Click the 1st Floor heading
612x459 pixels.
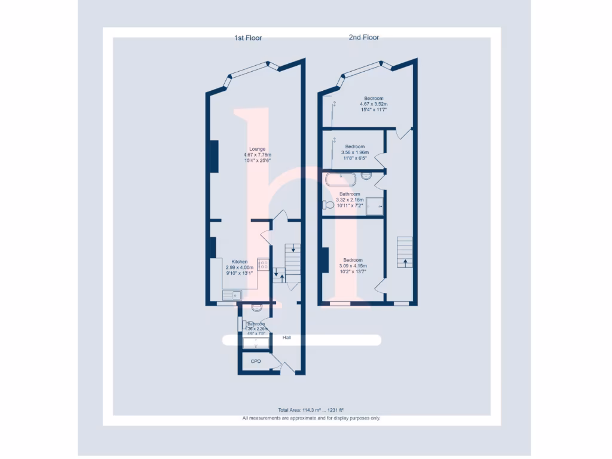(247, 38)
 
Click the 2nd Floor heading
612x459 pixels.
(364, 37)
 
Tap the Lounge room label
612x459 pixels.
(258, 149)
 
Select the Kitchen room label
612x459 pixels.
(240, 262)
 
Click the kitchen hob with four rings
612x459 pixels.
(263, 264)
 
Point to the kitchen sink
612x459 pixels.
(231, 294)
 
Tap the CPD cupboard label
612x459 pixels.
(256, 362)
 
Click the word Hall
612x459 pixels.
(289, 338)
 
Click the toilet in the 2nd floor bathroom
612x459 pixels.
(328, 205)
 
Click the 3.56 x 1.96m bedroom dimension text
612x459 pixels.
(354, 152)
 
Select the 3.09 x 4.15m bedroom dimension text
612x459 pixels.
(353, 266)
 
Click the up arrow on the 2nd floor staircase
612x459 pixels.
(405, 261)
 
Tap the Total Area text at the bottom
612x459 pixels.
(311, 411)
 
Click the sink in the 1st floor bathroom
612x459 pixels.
(256, 308)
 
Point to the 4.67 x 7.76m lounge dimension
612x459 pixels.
(258, 155)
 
